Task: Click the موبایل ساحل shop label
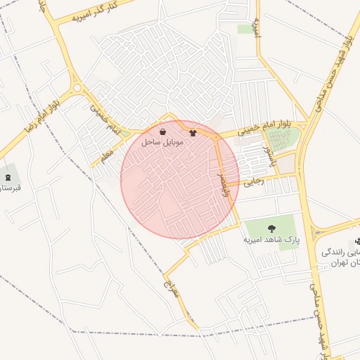(x=162, y=142)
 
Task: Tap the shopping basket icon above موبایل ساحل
(x=163, y=131)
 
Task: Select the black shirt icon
(x=193, y=131)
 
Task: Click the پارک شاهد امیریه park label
(x=271, y=239)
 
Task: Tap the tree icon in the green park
(x=271, y=228)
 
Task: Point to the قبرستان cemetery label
(x=9, y=188)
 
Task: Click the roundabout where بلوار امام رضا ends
(x=77, y=89)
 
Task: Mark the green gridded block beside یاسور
(x=283, y=139)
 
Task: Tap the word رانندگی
(x=342, y=252)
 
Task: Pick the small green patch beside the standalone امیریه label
(x=245, y=29)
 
